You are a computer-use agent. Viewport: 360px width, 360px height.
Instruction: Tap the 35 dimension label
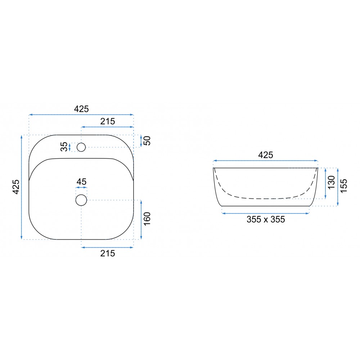pos(64,147)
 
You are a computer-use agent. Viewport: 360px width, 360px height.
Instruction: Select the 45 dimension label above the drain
pos(81,181)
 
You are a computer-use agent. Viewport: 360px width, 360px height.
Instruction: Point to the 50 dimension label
pos(147,141)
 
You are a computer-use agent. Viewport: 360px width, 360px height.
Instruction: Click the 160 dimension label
pos(147,219)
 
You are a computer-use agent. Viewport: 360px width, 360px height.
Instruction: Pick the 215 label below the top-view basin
pos(107,253)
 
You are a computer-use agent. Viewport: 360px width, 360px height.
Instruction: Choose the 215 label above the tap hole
pos(107,121)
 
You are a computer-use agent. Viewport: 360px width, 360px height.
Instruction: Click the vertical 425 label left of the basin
pos(16,187)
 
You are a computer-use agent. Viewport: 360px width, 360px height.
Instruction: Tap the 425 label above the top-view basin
pos(81,109)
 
